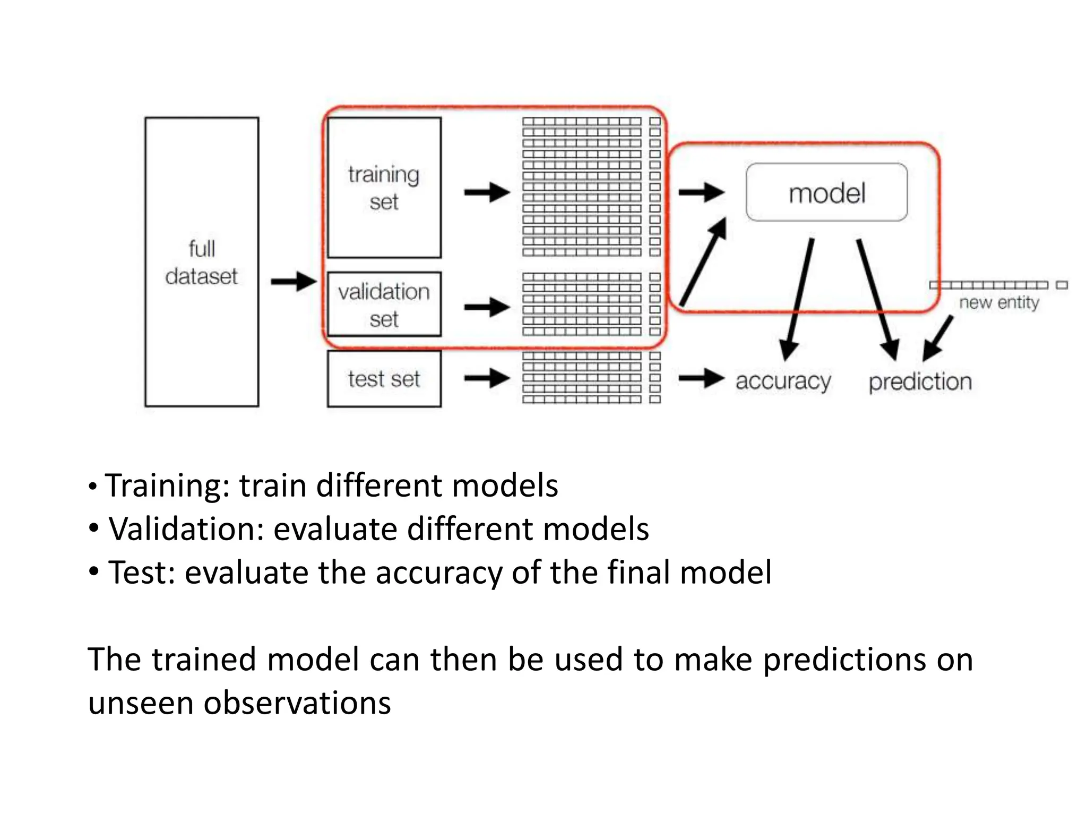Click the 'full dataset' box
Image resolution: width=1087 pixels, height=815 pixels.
pos(202,262)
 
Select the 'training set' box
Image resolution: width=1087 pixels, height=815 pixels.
pos(384,188)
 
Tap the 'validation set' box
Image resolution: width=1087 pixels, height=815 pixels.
pos(384,305)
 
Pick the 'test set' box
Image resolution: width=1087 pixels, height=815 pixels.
pos(384,379)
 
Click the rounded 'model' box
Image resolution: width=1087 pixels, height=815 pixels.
pos(826,193)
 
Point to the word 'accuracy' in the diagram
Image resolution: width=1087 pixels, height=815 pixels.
pos(783,382)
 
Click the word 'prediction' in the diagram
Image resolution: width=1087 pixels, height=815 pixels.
pos(920,382)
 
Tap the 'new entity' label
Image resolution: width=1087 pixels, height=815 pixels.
pos(998,302)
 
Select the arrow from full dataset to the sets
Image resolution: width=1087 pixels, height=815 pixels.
pos(293,281)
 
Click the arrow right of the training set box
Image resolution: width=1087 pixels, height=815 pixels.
pos(486,192)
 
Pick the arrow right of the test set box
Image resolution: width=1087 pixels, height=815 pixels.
pos(486,378)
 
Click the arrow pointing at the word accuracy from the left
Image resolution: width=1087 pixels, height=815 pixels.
pos(701,378)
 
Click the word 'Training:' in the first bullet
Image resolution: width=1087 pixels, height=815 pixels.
pos(167,485)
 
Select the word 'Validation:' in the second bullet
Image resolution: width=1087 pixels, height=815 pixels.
pos(186,529)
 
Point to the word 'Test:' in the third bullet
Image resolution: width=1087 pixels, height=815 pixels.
pos(141,573)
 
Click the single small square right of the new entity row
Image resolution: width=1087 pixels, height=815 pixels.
pos(1062,285)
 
